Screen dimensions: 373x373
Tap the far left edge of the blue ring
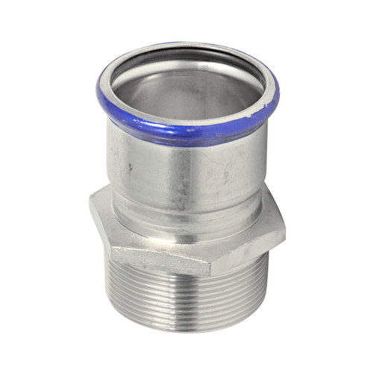100,86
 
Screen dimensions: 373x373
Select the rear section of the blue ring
190,47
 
